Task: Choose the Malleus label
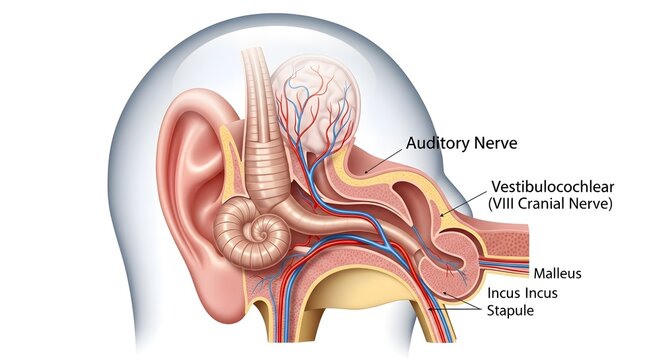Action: (x=557, y=273)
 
